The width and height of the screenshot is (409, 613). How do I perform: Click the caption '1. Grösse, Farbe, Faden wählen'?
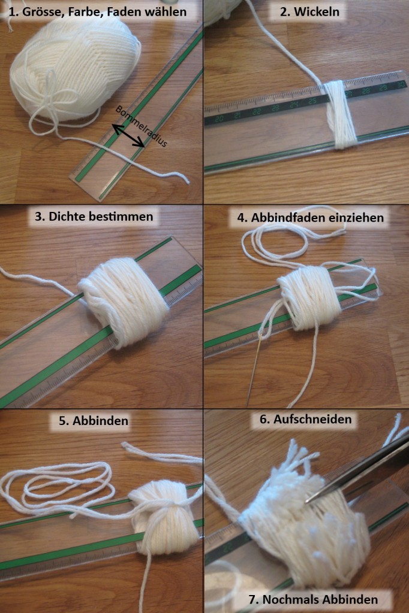pyautogui.click(x=98, y=12)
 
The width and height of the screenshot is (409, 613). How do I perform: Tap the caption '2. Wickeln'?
pyautogui.click(x=309, y=12)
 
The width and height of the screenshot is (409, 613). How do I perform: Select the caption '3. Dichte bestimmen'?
pyautogui.click(x=94, y=216)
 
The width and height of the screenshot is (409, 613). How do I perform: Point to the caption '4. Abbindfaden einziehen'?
pyautogui.click(x=310, y=217)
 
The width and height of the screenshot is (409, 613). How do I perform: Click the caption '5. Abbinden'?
pyautogui.click(x=94, y=421)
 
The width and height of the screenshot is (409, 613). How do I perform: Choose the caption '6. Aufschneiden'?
pyautogui.click(x=306, y=419)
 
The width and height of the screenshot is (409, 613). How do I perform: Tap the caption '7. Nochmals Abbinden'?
pyautogui.click(x=314, y=599)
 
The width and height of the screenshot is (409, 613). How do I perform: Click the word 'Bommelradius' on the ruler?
pyautogui.click(x=142, y=126)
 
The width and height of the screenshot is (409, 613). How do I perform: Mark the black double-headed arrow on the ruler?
pyautogui.click(x=128, y=136)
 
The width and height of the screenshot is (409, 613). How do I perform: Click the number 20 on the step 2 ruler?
pyautogui.click(x=219, y=118)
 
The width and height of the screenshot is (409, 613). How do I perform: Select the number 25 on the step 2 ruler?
pyautogui.click(x=312, y=101)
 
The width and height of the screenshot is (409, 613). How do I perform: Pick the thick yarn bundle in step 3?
pyautogui.click(x=122, y=301)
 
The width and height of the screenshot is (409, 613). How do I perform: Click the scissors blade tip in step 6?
pyautogui.click(x=307, y=501)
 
